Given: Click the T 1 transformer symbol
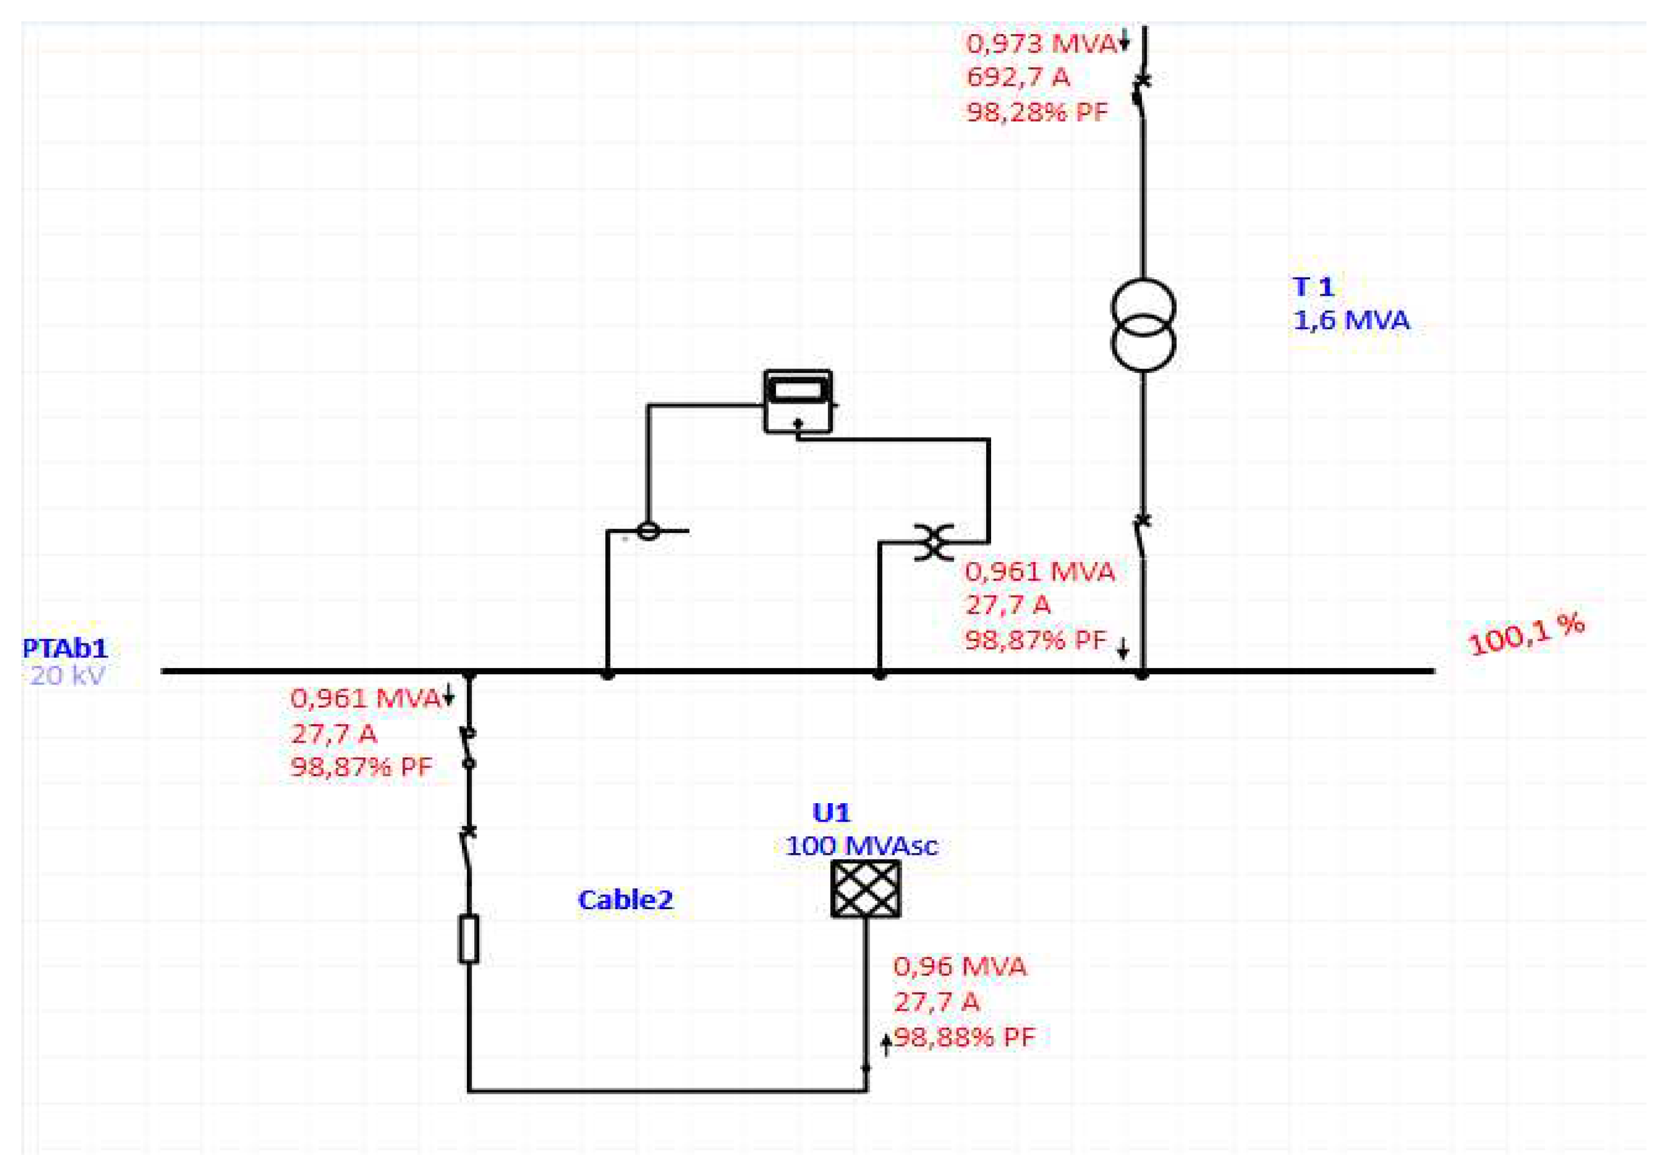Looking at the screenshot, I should [x=1142, y=325].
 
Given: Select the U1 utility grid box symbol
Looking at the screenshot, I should [x=866, y=888].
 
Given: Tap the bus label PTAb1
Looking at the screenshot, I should [x=66, y=648].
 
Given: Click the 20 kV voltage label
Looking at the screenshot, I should [x=67, y=675].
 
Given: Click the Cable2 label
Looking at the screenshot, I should [x=626, y=900].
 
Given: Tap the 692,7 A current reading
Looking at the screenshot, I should [x=1018, y=77].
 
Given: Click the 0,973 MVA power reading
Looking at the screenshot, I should [x=1040, y=44].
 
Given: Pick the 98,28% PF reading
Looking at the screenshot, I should [x=1037, y=112].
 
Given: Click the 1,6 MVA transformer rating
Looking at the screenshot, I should [x=1350, y=320].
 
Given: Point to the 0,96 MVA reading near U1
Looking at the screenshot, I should [x=959, y=966].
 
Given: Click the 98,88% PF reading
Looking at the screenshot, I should [x=964, y=1037].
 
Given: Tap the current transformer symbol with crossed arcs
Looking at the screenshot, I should [x=934, y=542].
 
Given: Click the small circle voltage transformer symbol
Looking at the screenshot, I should [x=648, y=531].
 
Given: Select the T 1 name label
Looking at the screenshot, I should [x=1313, y=286].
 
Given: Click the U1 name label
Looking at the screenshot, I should [x=831, y=812].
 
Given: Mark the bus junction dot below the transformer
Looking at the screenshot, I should [x=1142, y=674].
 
